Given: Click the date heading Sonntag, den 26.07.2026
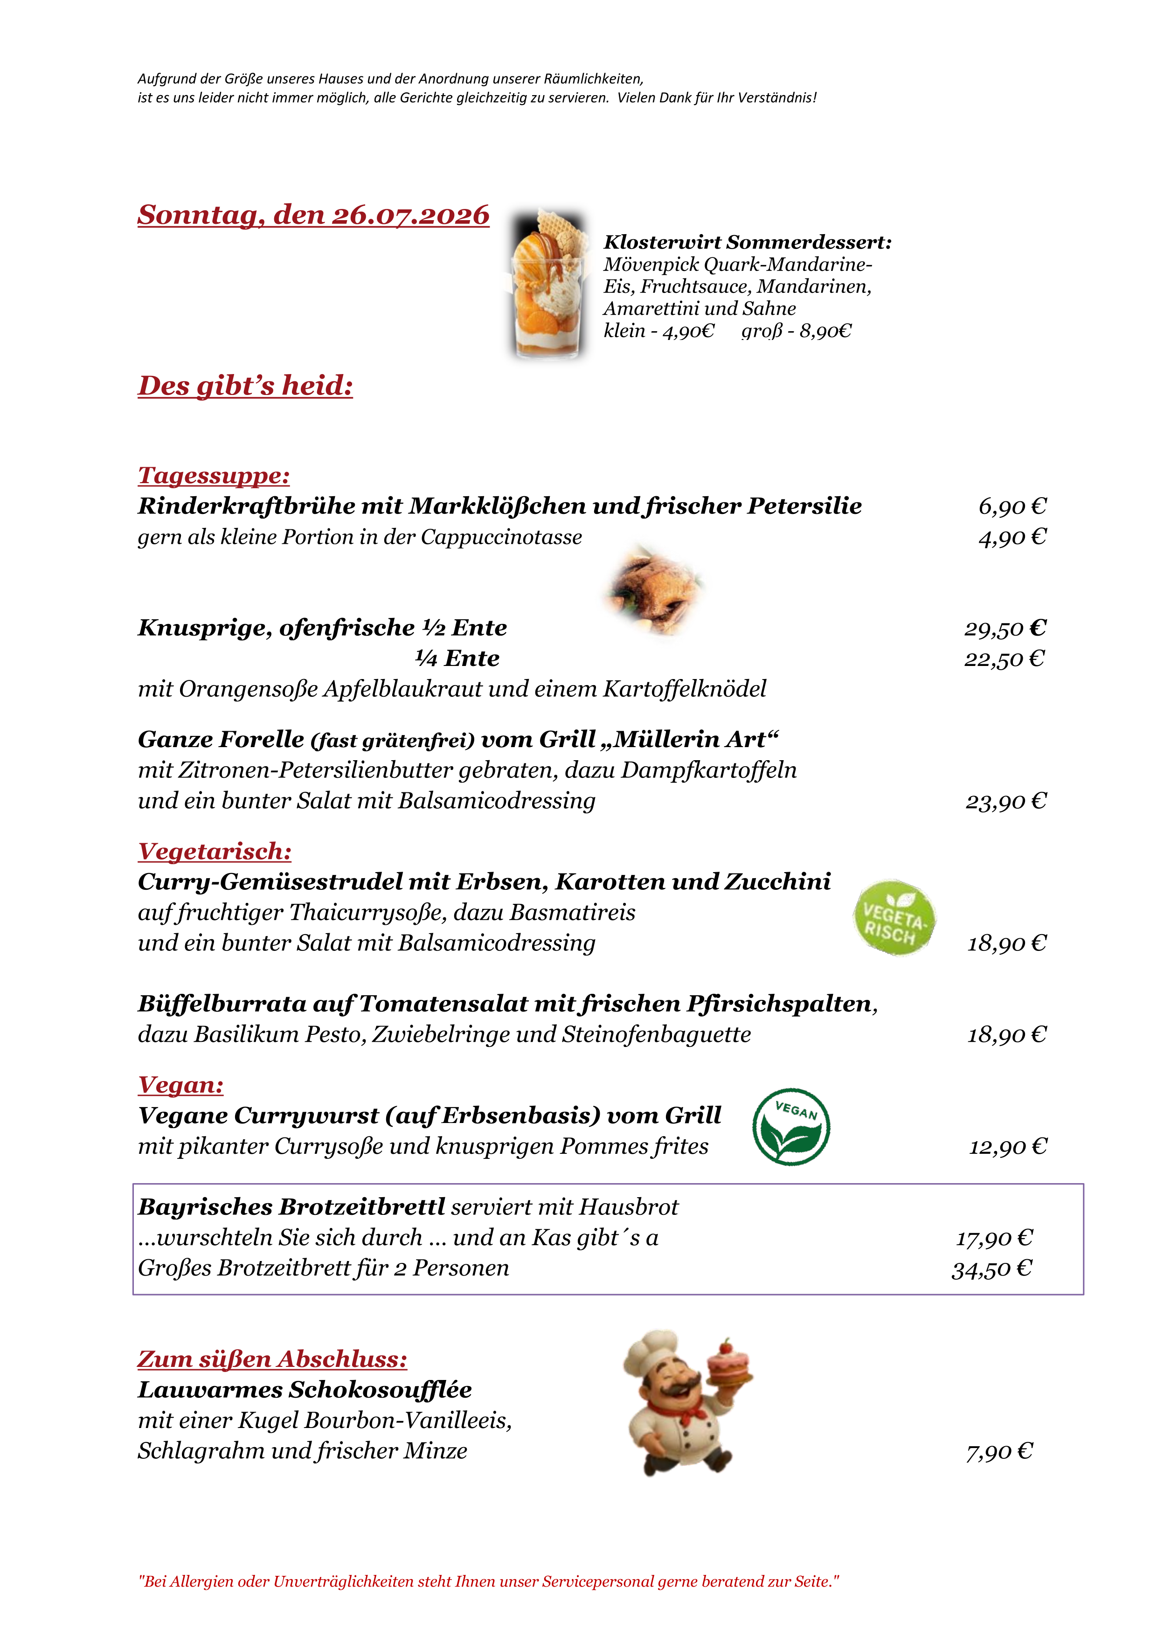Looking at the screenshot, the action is click(x=313, y=215).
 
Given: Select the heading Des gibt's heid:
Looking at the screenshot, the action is click(x=245, y=386).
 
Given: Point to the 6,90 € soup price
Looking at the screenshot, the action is click(x=1012, y=506).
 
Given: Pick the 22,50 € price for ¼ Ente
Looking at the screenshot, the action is click(x=1005, y=659).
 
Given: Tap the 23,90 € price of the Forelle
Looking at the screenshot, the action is click(x=1006, y=802).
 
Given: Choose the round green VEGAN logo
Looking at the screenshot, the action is click(x=791, y=1127).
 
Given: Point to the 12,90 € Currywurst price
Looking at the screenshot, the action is click(x=1007, y=1146).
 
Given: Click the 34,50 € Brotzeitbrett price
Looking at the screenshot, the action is click(x=992, y=1269).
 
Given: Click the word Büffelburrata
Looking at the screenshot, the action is click(x=222, y=1004).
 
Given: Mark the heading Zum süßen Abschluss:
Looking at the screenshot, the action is click(x=272, y=1359).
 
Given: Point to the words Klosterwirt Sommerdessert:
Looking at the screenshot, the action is click(x=748, y=242).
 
